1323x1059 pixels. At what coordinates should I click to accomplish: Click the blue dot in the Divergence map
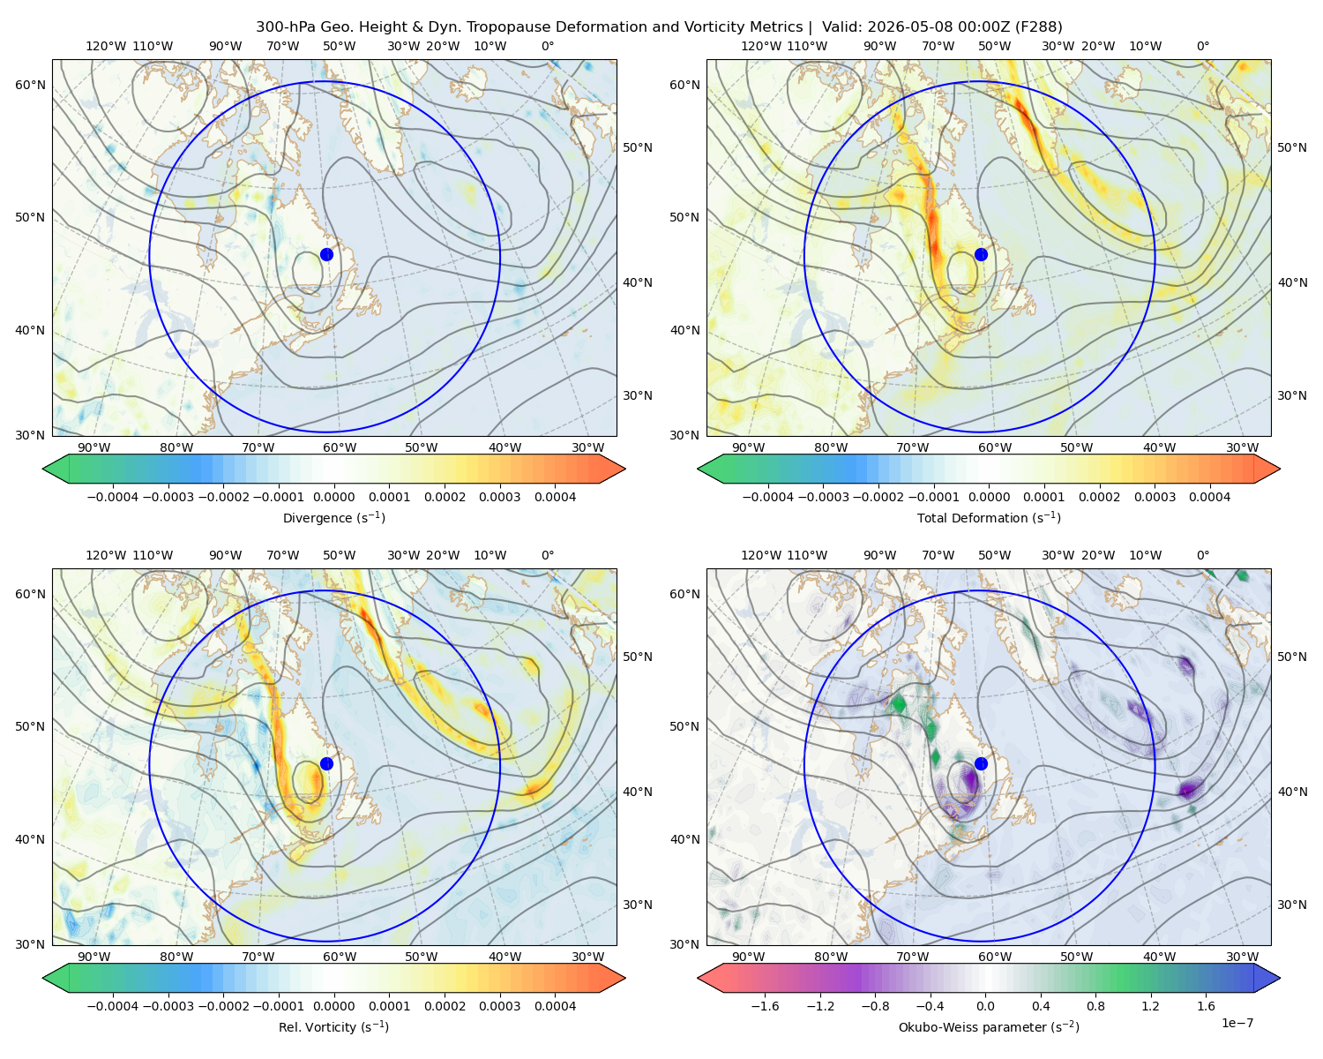pyautogui.click(x=326, y=254)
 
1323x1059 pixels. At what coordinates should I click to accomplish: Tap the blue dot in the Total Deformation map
pyautogui.click(x=981, y=254)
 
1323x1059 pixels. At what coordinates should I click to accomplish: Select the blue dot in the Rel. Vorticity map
pyautogui.click(x=326, y=763)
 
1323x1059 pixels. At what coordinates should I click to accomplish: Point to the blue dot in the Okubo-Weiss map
pyautogui.click(x=981, y=763)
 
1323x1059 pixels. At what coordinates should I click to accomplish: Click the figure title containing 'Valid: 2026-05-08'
pyautogui.click(x=659, y=27)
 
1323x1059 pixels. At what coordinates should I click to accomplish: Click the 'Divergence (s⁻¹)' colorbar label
pyautogui.click(x=333, y=517)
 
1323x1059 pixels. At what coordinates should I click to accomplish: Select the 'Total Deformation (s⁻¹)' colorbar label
pyautogui.click(x=989, y=517)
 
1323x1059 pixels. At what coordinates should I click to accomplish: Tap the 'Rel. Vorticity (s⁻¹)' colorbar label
pyautogui.click(x=333, y=1026)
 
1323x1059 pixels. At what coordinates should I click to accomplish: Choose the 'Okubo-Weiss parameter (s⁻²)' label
pyautogui.click(x=989, y=1026)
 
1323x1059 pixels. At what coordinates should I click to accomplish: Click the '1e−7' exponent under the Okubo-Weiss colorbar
pyautogui.click(x=1237, y=1023)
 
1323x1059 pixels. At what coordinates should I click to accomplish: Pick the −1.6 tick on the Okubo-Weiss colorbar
pyautogui.click(x=765, y=1006)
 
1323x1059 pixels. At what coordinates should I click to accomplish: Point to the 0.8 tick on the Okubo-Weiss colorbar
pyautogui.click(x=1095, y=1006)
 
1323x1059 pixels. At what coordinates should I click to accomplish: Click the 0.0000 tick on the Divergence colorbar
pyautogui.click(x=333, y=497)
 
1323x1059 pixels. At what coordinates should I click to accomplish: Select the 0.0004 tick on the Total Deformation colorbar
pyautogui.click(x=1209, y=497)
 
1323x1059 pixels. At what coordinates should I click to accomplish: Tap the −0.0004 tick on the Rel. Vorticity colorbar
pyautogui.click(x=113, y=1006)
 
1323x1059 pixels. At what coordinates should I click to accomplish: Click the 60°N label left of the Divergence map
pyautogui.click(x=30, y=85)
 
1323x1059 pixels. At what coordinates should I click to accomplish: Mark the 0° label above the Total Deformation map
pyautogui.click(x=1202, y=46)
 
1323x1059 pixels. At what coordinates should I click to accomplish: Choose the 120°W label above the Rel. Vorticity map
pyautogui.click(x=106, y=555)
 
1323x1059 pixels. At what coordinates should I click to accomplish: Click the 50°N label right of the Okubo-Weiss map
pyautogui.click(x=1291, y=657)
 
